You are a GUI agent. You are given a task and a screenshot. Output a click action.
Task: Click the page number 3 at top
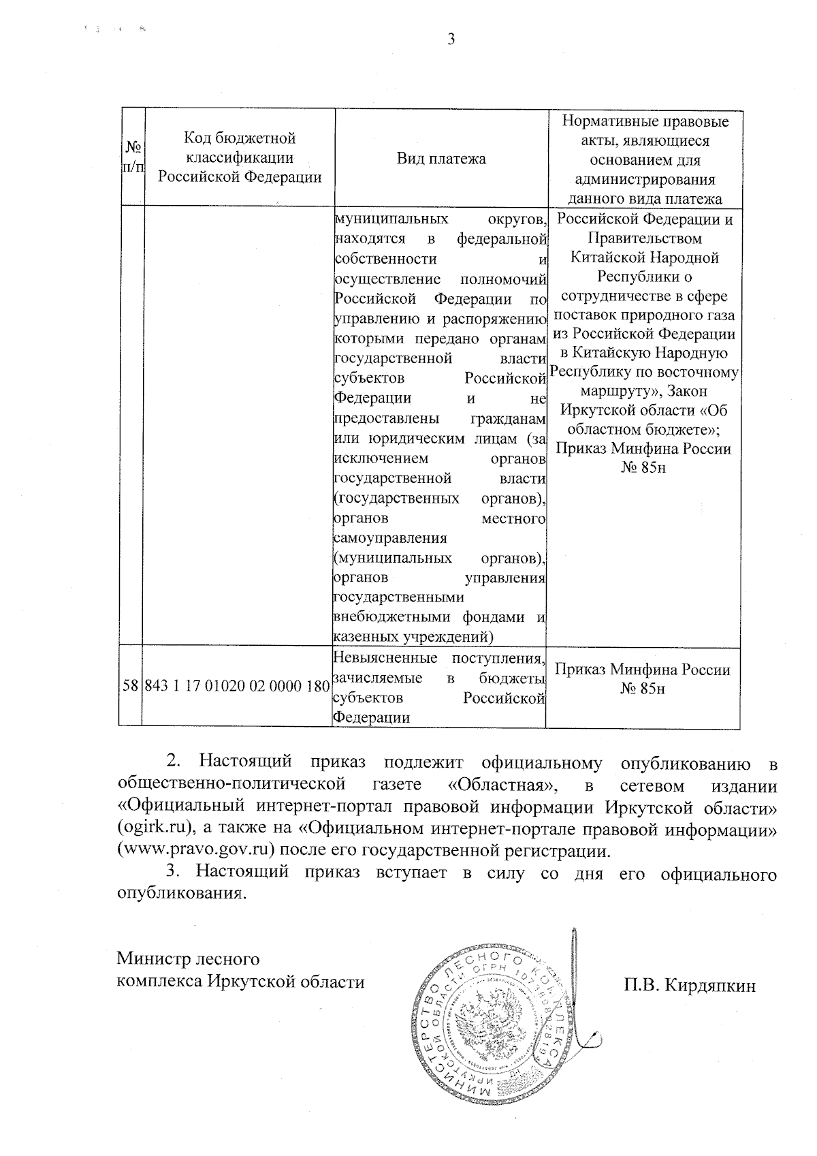point(450,40)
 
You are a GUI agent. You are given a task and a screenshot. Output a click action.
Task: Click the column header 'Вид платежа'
point(441,159)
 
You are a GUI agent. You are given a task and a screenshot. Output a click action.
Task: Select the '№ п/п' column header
point(133,157)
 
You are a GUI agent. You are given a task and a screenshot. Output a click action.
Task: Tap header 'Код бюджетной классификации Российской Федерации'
point(240,157)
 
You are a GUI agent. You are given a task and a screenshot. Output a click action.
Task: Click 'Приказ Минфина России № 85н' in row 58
point(643,678)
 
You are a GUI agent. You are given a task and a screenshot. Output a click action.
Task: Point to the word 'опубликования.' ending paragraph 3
point(181,894)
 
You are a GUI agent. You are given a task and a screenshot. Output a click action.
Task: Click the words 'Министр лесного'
point(188,959)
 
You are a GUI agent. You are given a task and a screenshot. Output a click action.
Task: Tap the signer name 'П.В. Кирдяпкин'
point(688,985)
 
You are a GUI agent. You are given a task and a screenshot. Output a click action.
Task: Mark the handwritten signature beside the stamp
point(582,995)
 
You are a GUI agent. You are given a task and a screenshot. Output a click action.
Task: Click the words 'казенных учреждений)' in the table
point(413,637)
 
